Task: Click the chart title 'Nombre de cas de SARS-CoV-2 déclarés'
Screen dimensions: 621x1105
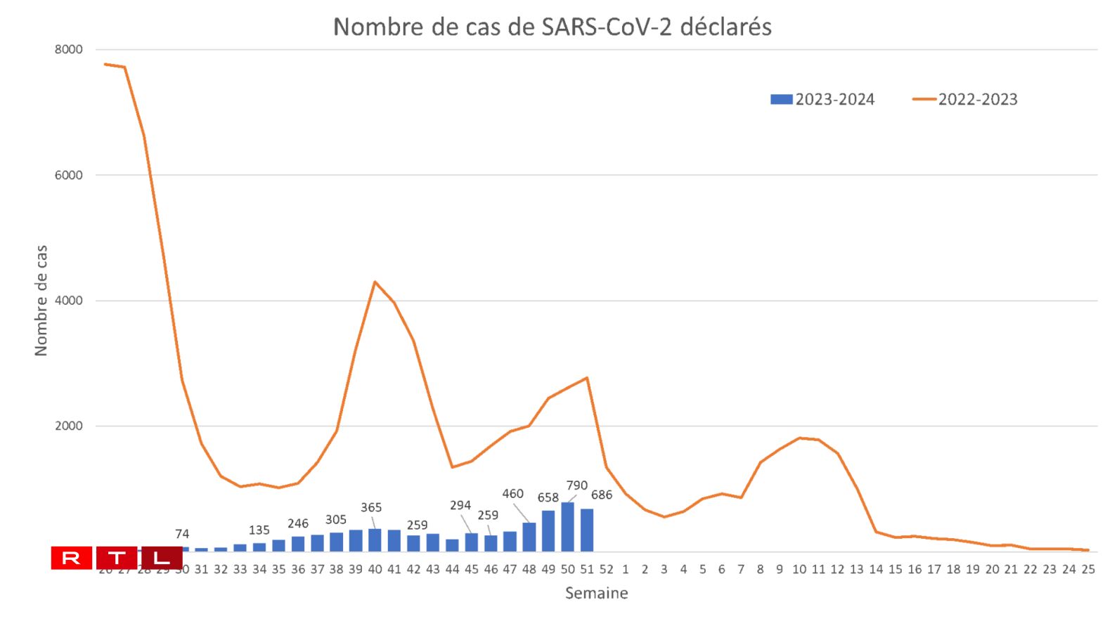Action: tap(552, 27)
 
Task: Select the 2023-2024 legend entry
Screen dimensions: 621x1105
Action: tap(822, 100)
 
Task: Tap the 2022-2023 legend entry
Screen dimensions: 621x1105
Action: tap(965, 100)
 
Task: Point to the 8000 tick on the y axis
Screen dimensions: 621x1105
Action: tap(68, 50)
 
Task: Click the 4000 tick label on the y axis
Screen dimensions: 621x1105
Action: tap(68, 301)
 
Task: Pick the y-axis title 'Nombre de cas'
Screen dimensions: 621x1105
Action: tap(41, 301)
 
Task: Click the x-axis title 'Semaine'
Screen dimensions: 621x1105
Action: tap(596, 594)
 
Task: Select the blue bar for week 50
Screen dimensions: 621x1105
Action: tap(567, 527)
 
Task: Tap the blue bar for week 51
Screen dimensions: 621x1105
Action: tap(587, 530)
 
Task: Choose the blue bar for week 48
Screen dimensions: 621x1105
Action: tap(529, 537)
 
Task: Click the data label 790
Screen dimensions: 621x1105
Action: tap(576, 486)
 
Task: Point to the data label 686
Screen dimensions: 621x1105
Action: tap(602, 495)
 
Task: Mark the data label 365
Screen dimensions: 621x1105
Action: tap(371, 508)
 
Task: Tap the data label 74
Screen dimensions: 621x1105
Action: tap(182, 535)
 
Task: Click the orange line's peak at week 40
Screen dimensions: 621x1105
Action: tap(375, 282)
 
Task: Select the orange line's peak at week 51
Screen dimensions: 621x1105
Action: tap(587, 379)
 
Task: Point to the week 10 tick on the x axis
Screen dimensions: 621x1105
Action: tap(799, 570)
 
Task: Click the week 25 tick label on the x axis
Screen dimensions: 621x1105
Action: tap(1087, 570)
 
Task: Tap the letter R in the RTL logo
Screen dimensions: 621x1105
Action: tap(72, 558)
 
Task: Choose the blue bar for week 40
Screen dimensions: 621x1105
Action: tap(375, 540)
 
